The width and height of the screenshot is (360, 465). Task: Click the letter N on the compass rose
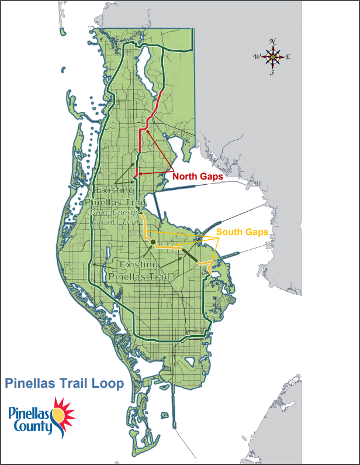(x=272, y=42)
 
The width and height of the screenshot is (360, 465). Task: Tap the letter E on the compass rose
(x=288, y=57)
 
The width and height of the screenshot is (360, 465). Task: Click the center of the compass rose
(x=272, y=57)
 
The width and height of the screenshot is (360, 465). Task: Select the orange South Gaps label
(x=243, y=232)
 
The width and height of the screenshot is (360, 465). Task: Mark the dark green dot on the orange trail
(x=152, y=242)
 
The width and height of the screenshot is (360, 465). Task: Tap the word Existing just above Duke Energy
(x=116, y=191)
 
